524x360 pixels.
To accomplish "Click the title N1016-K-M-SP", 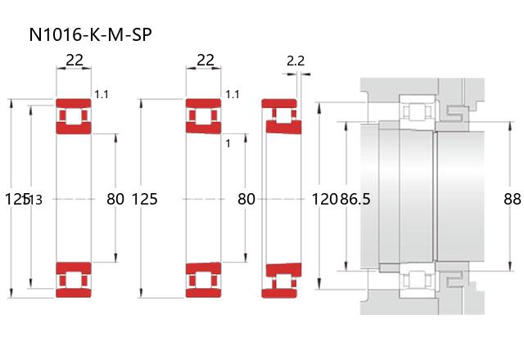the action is tap(91, 34).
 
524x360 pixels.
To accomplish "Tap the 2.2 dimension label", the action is tap(296, 61).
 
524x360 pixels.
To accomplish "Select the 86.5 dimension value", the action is tap(355, 199).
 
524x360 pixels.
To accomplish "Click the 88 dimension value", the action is tap(513, 199).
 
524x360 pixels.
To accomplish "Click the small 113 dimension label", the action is tap(34, 200).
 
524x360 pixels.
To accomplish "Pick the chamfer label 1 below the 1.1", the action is tap(228, 144).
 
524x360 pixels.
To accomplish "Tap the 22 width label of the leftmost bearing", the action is tap(75, 60).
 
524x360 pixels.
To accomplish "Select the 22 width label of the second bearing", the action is tap(205, 60).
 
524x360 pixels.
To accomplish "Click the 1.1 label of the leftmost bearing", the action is tap(102, 95).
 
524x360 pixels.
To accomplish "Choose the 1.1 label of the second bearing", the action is tap(233, 95).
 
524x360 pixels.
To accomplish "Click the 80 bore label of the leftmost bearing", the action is tap(115, 199).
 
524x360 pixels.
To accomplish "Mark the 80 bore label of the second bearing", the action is tap(246, 199).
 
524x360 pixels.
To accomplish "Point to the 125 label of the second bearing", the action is tap(145, 199).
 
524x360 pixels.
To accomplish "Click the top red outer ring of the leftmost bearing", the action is tap(74, 103).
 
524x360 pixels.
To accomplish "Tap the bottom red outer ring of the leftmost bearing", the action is tap(74, 293).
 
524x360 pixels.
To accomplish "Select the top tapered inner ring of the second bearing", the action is tap(204, 128).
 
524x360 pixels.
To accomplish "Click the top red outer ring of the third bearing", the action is tap(279, 103).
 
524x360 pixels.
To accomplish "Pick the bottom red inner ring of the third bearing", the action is tap(284, 270).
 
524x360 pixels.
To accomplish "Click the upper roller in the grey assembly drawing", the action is tap(417, 111).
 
